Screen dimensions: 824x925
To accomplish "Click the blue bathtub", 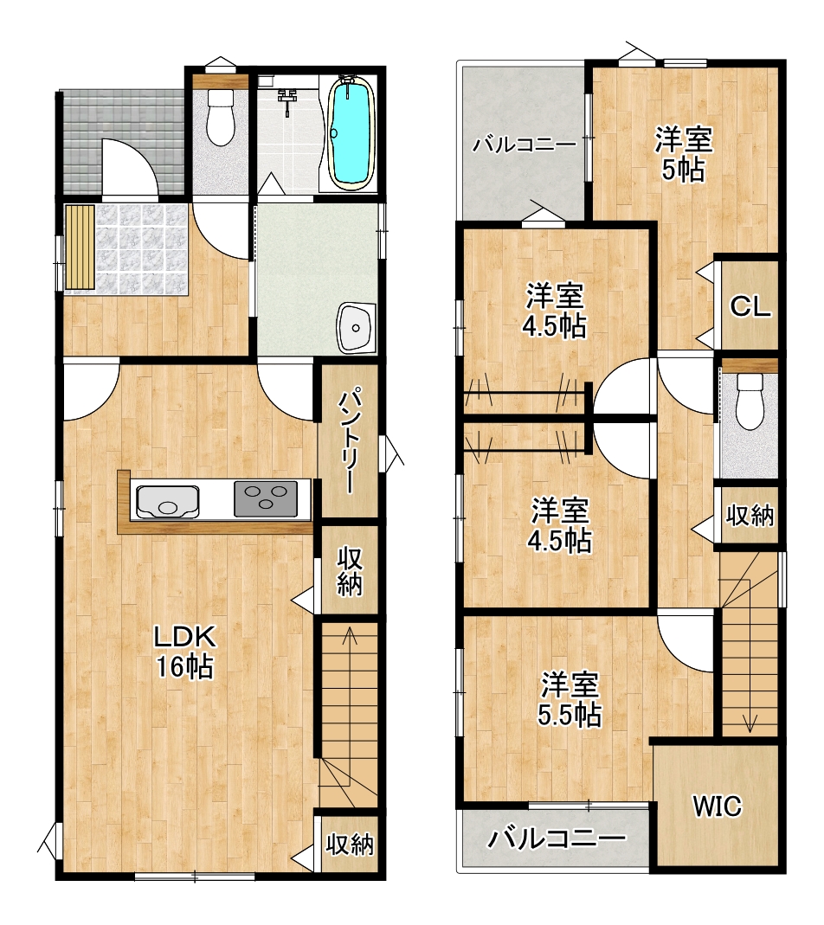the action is (x=351, y=133).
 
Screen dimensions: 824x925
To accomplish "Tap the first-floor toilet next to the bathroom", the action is (x=221, y=117).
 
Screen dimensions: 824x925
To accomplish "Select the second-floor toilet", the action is (x=750, y=402).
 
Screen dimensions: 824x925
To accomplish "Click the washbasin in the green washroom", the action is (x=357, y=328).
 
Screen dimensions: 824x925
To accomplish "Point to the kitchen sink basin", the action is (x=168, y=502).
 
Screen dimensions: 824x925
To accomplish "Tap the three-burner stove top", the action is (x=266, y=499).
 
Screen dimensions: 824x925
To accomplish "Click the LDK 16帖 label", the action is (x=184, y=652).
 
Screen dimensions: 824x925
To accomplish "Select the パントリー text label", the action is (x=349, y=440).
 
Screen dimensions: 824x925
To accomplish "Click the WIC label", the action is (x=718, y=806).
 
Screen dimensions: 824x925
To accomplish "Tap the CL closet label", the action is (x=750, y=307).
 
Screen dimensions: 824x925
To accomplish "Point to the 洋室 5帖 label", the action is (x=684, y=155).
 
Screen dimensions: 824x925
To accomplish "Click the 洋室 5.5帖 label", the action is (x=569, y=699).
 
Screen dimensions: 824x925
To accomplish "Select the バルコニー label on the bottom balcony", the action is (x=556, y=838).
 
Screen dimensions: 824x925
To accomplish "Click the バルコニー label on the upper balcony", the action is (x=525, y=145).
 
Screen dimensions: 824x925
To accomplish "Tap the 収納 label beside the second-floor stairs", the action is (x=750, y=516).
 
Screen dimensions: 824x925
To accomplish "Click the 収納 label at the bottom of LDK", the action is (x=350, y=845).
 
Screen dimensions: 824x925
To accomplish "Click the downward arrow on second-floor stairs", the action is (x=750, y=656).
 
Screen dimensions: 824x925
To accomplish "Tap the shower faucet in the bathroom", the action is (x=287, y=100).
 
